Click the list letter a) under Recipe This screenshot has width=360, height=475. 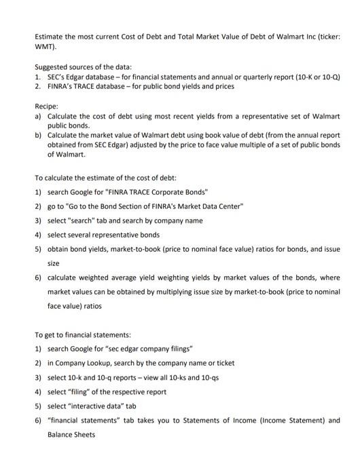[x=38, y=117]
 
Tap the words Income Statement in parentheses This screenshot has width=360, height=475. [x=293, y=420]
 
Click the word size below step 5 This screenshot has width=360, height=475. [x=53, y=263]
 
